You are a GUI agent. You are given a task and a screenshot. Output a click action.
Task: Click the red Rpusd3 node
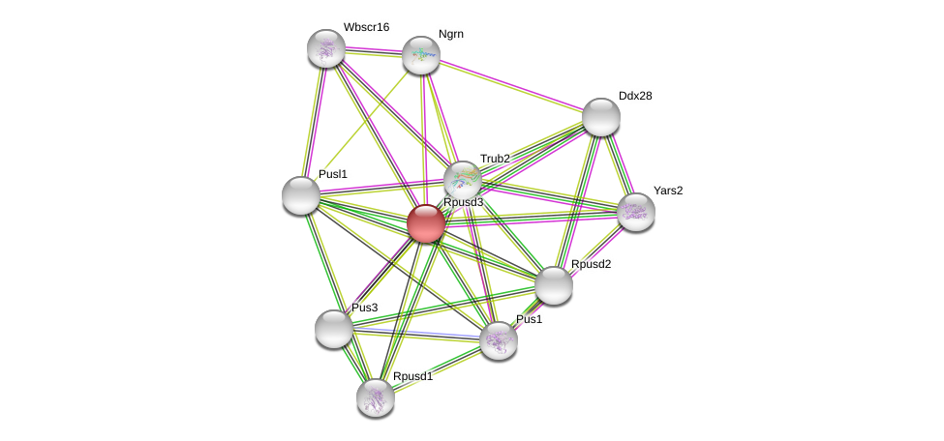coord(425,223)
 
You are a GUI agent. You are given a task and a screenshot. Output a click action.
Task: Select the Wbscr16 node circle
coord(326,48)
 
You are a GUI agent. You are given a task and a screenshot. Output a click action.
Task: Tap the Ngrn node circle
coord(421,55)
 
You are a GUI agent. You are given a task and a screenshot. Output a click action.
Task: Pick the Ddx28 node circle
coord(600,117)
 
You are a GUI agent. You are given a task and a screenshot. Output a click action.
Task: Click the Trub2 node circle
coord(463,179)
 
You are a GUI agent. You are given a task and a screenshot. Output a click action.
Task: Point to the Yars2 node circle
coord(635,212)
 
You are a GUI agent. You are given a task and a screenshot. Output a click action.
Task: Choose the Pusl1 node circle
coord(301,195)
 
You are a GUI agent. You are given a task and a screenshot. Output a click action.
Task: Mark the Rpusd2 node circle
coord(554,285)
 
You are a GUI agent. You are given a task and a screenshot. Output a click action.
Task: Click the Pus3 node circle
coord(334,329)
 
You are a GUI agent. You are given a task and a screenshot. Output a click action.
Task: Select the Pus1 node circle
coord(499,340)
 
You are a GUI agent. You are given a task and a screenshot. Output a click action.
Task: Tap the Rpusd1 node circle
coord(376,397)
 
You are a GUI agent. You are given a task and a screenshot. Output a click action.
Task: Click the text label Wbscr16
coord(366,27)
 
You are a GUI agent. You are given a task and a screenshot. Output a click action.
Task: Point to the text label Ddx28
coord(635,96)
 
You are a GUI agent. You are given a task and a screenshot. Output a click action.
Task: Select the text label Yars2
coord(667,191)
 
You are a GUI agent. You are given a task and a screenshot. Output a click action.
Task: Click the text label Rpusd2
coord(591,264)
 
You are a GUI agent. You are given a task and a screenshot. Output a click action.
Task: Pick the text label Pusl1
coord(332,174)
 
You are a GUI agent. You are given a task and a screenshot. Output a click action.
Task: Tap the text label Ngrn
coord(450,34)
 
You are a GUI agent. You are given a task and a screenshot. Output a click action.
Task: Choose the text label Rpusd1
coord(412,376)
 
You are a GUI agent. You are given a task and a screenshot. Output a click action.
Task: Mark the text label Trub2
coord(495,159)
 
